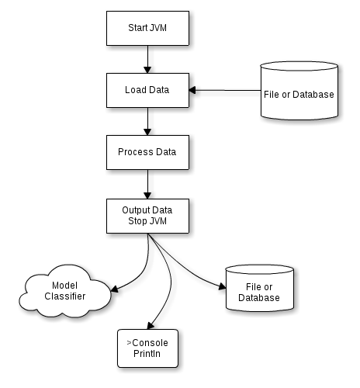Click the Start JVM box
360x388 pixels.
point(147,28)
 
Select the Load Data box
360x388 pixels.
point(147,90)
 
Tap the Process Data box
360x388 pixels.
point(147,152)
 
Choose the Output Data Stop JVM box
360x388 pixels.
point(147,216)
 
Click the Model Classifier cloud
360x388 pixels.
point(65,291)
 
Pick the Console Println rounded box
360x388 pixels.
point(147,348)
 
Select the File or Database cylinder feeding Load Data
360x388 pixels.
point(299,91)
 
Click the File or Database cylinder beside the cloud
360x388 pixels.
point(260,288)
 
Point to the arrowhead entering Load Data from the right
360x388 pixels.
point(192,90)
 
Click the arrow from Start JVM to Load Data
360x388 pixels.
point(147,60)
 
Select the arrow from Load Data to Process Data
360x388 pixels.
point(147,122)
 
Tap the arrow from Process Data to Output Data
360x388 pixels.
point(147,185)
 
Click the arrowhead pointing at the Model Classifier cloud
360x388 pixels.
point(115,289)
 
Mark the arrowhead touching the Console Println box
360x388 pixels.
point(151,326)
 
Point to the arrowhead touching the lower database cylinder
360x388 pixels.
point(223,286)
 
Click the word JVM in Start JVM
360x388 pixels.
point(157,28)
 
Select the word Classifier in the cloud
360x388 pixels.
point(65,296)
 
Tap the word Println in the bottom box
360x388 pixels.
point(147,354)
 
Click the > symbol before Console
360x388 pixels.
point(129,343)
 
